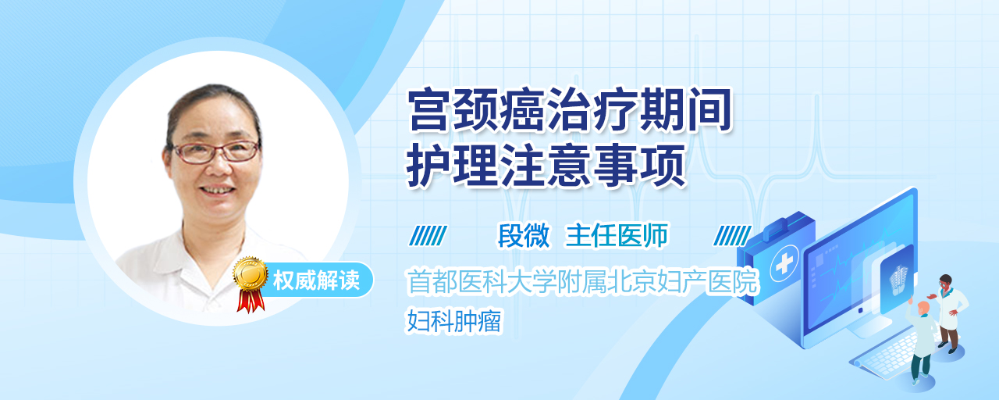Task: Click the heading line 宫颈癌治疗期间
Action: [x=570, y=110]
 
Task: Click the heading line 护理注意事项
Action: [x=546, y=165]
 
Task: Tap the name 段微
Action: [x=524, y=235]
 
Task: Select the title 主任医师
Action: [x=617, y=235]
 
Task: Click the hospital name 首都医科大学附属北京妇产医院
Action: [x=583, y=282]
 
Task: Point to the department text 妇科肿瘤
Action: [x=454, y=321]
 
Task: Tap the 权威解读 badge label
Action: [x=316, y=280]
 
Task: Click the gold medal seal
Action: [x=251, y=273]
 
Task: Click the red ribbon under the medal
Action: [x=251, y=300]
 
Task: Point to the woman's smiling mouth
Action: [x=217, y=190]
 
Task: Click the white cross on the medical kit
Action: [x=784, y=264]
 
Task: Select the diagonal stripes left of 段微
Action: [x=428, y=236]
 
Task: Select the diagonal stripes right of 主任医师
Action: [x=732, y=236]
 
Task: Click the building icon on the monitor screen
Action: [x=898, y=280]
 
